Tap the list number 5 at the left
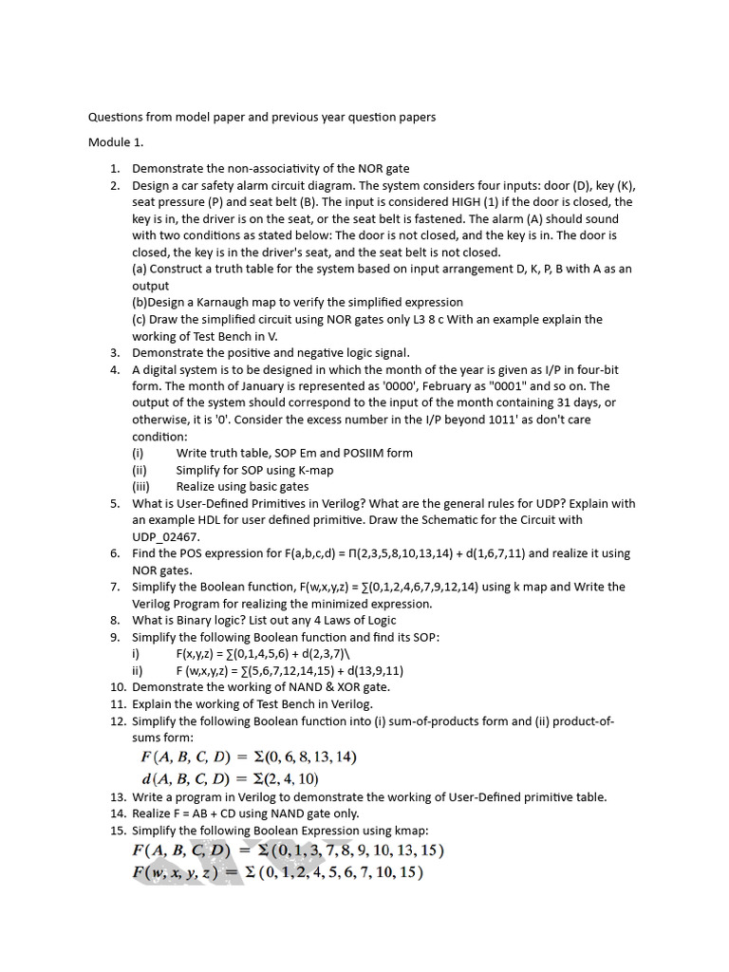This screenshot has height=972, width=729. [x=115, y=503]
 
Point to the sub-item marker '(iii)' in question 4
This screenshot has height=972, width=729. [x=141, y=486]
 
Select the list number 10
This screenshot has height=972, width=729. [x=117, y=686]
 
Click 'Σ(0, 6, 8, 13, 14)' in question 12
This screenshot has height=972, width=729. [x=298, y=757]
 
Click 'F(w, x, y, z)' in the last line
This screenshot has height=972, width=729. [x=177, y=872]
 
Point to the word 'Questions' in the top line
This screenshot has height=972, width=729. [x=118, y=117]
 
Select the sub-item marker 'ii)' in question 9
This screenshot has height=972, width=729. [x=138, y=670]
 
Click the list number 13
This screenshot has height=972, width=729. [x=117, y=796]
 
